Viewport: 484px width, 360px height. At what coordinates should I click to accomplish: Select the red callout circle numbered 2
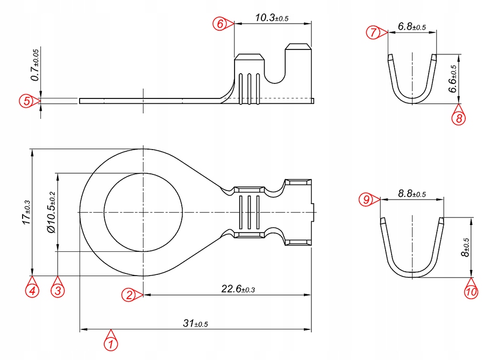point(129,294)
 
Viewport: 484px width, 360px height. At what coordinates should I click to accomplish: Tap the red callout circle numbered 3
point(58,291)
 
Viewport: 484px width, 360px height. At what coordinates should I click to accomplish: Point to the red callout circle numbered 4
point(32,291)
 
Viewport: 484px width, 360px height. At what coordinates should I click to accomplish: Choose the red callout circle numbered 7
point(374,32)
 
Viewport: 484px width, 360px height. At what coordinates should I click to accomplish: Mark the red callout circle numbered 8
point(458,118)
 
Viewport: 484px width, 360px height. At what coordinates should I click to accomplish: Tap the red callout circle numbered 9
point(366,200)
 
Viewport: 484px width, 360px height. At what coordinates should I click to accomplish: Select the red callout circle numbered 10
point(472,292)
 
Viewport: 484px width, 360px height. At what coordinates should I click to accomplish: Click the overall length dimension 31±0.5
point(195,323)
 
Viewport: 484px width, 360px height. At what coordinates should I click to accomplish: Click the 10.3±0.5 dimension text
point(272,18)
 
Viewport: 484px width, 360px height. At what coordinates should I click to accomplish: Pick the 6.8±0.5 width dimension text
point(412,26)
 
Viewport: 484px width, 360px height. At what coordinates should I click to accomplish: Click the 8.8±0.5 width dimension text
point(412,193)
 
